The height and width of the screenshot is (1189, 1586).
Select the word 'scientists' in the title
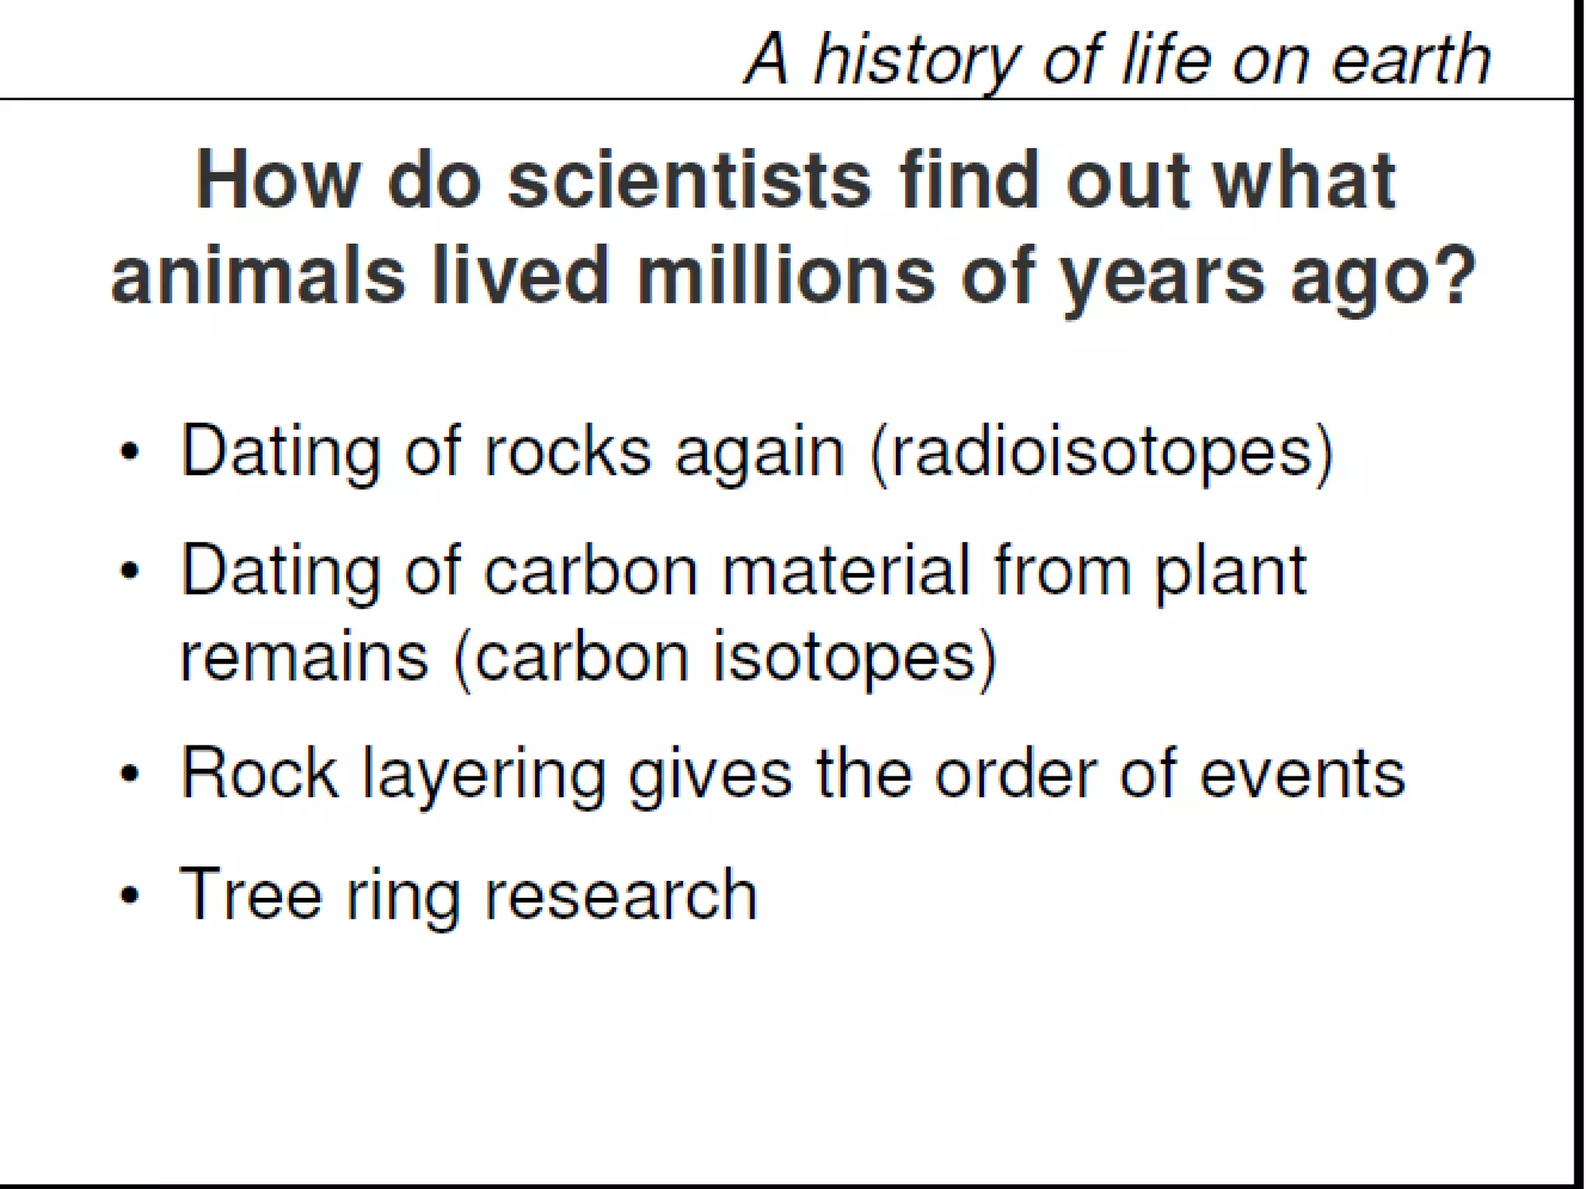pos(689,180)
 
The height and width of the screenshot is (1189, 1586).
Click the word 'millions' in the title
pos(786,276)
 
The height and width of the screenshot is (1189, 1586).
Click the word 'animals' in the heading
pos(258,276)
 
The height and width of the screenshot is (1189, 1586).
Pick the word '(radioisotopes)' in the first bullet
pos(1102,453)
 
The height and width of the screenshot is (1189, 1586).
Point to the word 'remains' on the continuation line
pos(304,656)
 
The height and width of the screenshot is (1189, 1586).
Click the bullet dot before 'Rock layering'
pos(131,773)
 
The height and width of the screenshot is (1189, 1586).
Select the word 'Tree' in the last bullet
pos(250,893)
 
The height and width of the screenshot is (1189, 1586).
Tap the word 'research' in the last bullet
pos(620,895)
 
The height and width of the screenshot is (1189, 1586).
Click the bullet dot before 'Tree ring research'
pos(131,895)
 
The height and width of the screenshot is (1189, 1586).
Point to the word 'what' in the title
pos(1303,180)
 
